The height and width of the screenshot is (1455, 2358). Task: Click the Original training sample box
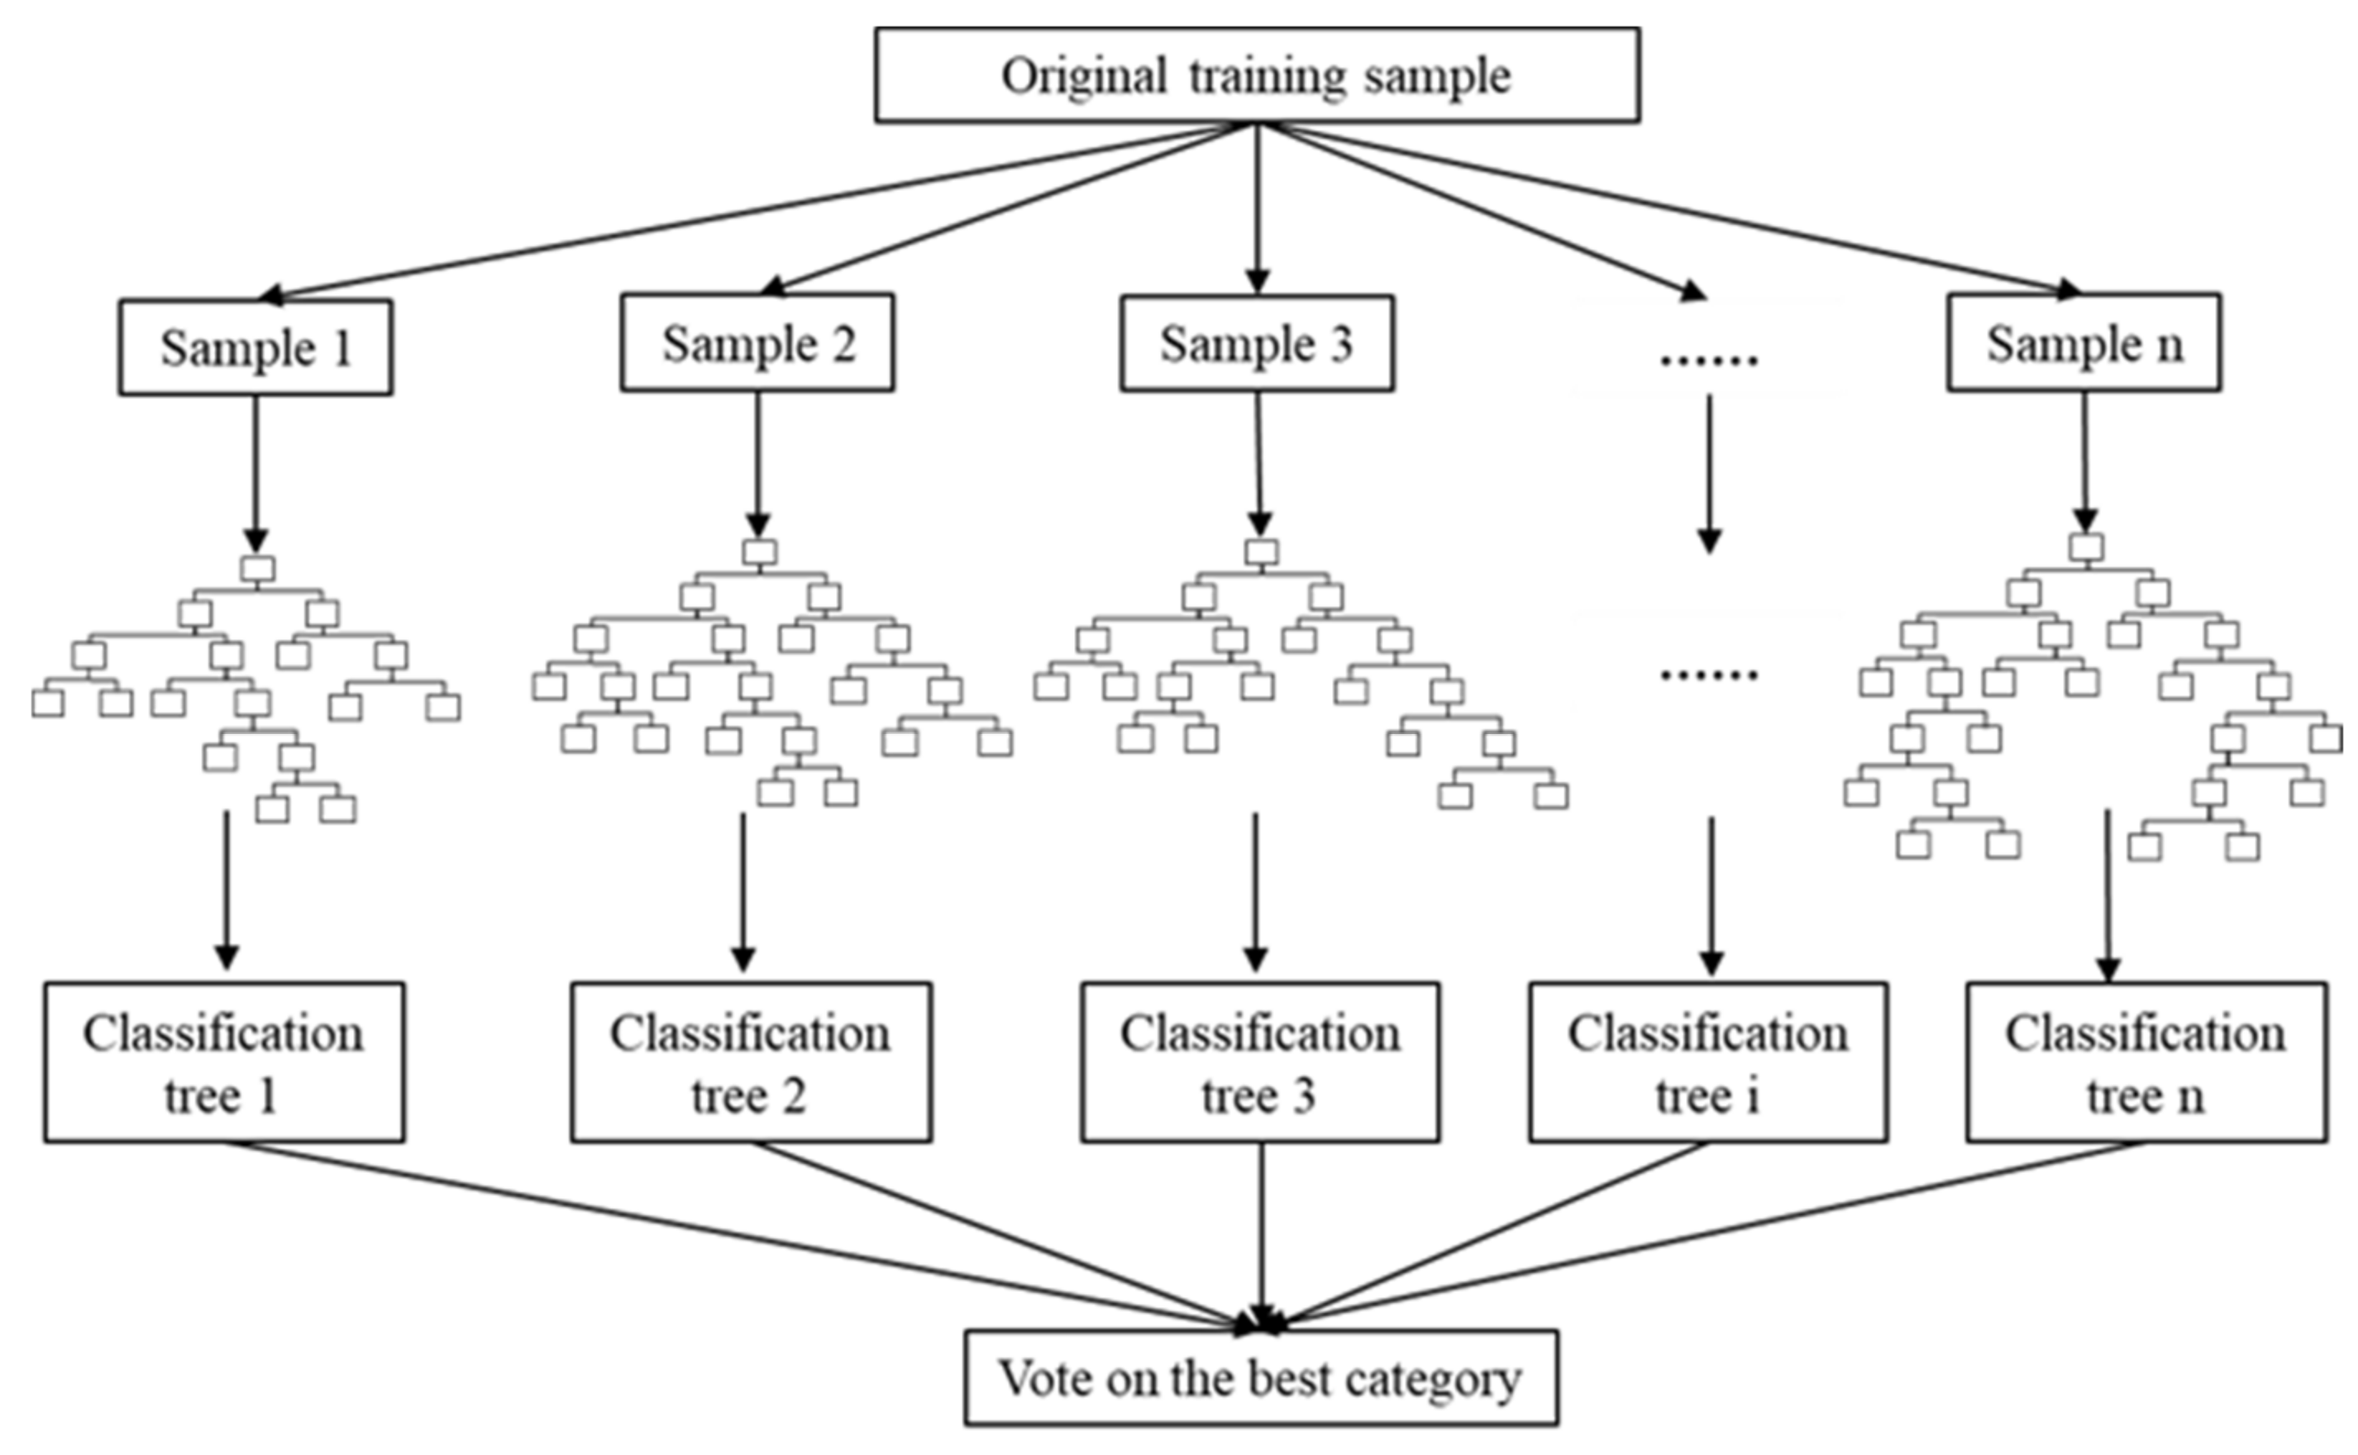pyautogui.click(x=1256, y=75)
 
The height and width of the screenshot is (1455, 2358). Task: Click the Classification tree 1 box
pyautogui.click(x=223, y=1062)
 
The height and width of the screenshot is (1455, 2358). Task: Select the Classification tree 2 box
pyautogui.click(x=750, y=1062)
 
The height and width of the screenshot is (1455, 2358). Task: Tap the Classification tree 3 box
pyautogui.click(x=1259, y=1062)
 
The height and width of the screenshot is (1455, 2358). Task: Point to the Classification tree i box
pyautogui.click(x=1707, y=1062)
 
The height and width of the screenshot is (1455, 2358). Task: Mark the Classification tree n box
pyautogui.click(x=2146, y=1062)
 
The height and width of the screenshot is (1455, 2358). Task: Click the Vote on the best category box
pyautogui.click(x=1261, y=1378)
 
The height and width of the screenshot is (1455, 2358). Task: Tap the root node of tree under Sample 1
pyautogui.click(x=257, y=569)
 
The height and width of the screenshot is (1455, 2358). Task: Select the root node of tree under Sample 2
pyautogui.click(x=759, y=552)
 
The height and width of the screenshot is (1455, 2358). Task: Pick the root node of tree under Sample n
pyautogui.click(x=2086, y=547)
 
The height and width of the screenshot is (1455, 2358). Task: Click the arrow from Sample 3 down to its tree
pyautogui.click(x=1258, y=462)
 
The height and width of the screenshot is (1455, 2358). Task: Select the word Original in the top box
pyautogui.click(x=1084, y=75)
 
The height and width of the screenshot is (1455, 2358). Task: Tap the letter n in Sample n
pyautogui.click(x=2169, y=346)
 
